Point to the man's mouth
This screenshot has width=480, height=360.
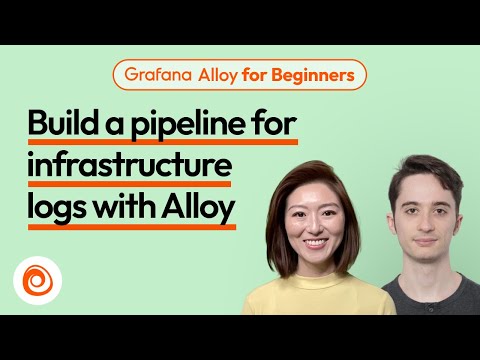[x=427, y=242]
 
